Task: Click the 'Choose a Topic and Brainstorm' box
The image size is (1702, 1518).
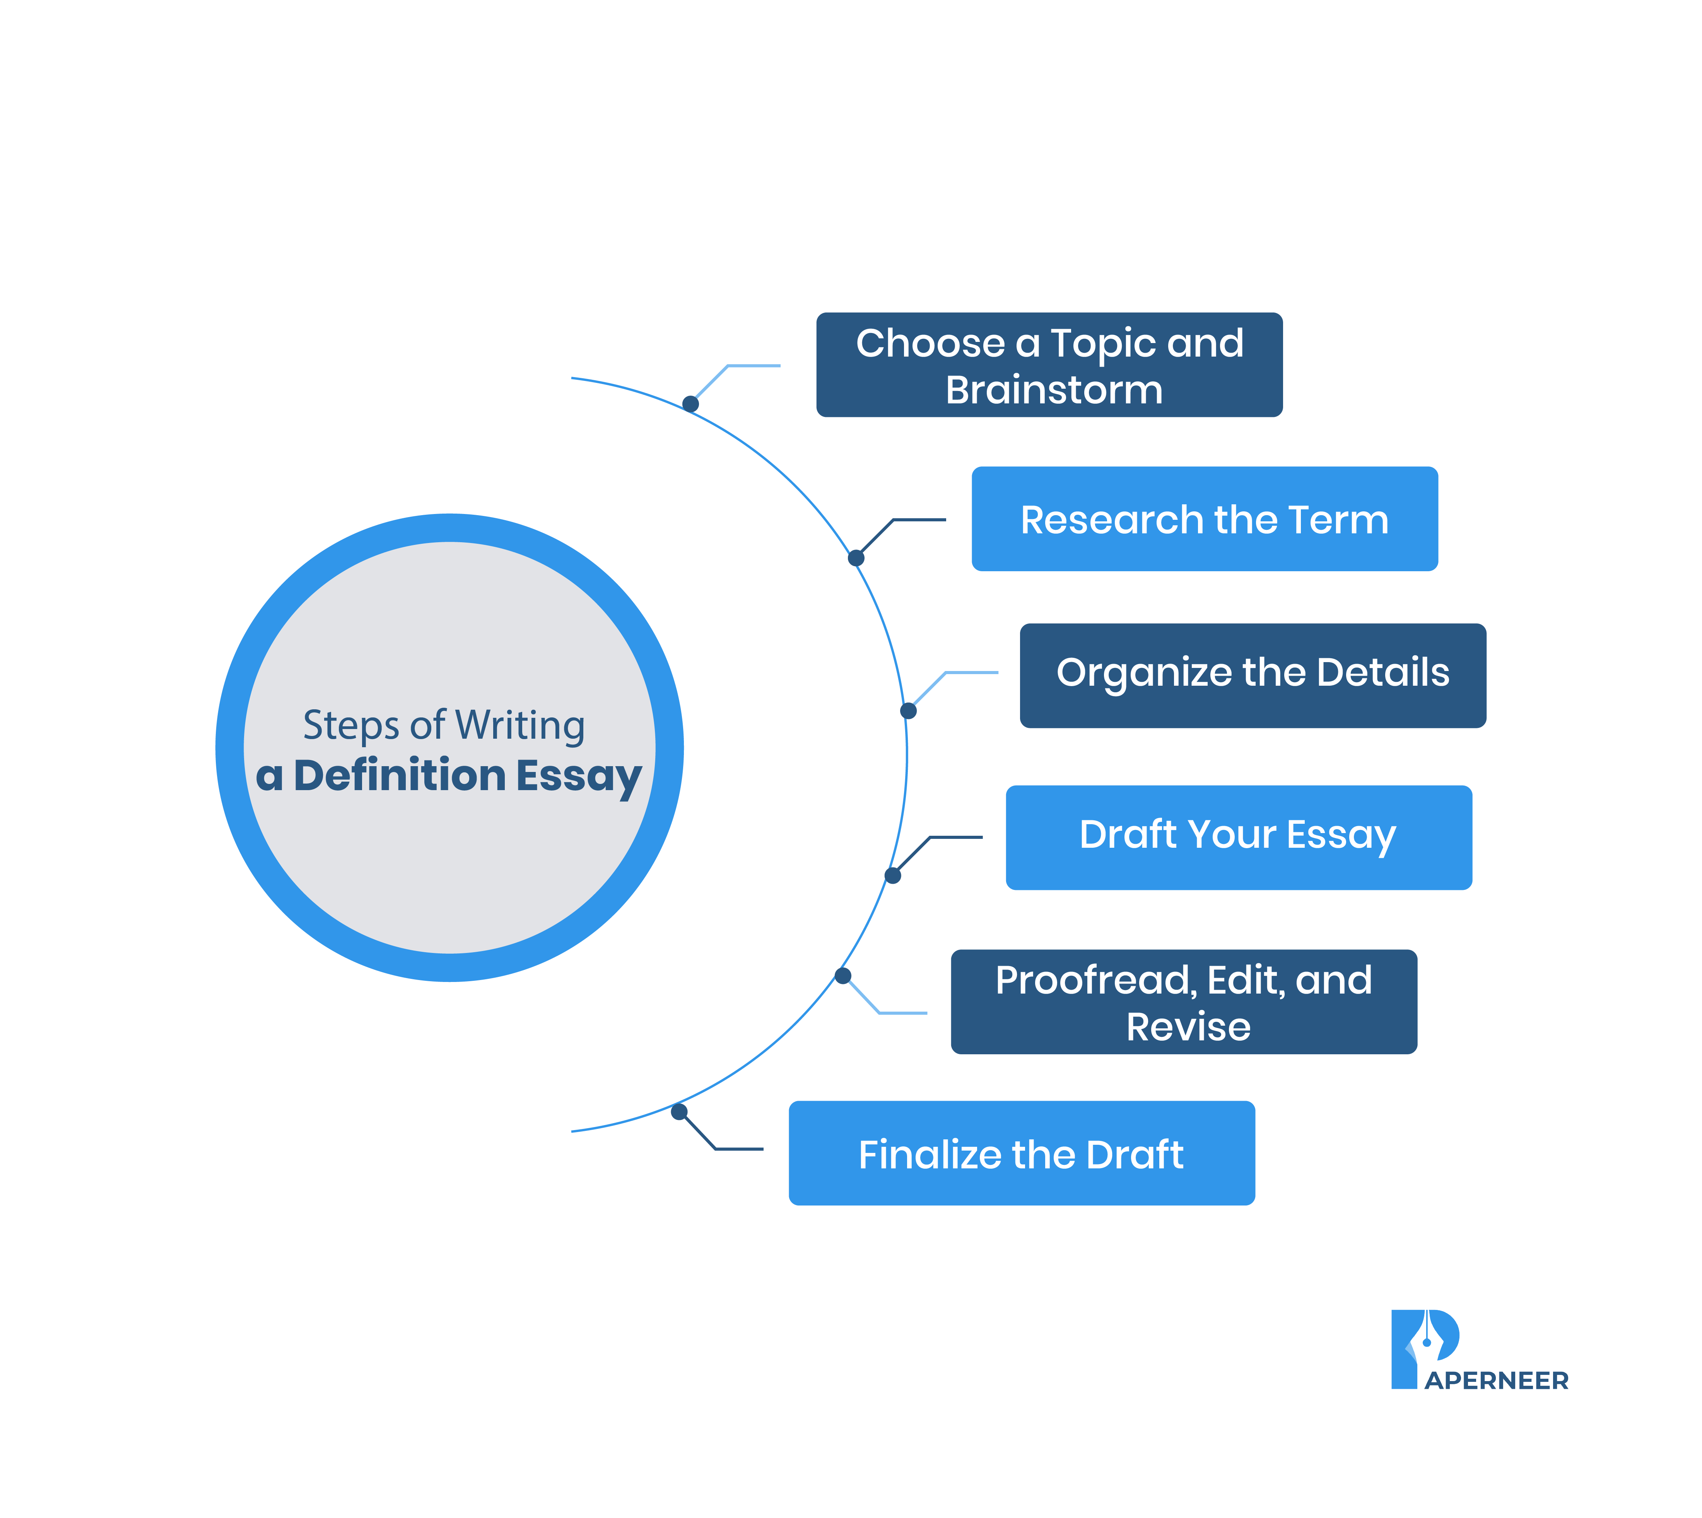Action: pyautogui.click(x=1049, y=364)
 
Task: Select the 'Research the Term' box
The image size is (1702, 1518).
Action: pyautogui.click(x=1204, y=519)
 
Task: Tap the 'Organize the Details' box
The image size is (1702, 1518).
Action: pyautogui.click(x=1252, y=676)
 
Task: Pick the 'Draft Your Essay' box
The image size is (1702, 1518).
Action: pyautogui.click(x=1238, y=837)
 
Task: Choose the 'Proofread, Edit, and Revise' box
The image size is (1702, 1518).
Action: pyautogui.click(x=1183, y=1002)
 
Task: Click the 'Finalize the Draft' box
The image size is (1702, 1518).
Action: pyautogui.click(x=1021, y=1153)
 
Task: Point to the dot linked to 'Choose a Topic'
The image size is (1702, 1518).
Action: pyautogui.click(x=690, y=404)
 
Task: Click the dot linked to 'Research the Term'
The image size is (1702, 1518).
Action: pyautogui.click(x=855, y=558)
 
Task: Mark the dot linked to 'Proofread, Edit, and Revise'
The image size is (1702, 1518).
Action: pyautogui.click(x=842, y=976)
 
